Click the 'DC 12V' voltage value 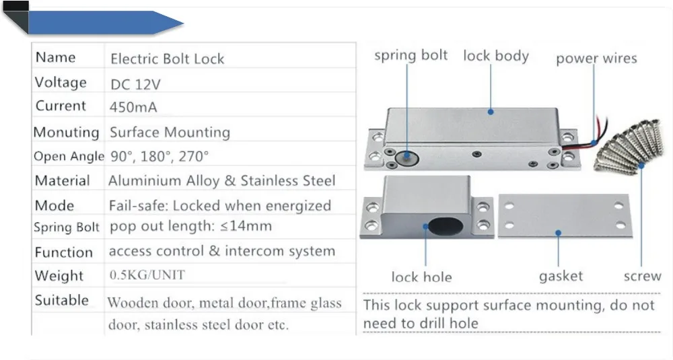pyautogui.click(x=136, y=84)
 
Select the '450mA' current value pyautogui.click(x=133, y=107)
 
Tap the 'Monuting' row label pyautogui.click(x=66, y=132)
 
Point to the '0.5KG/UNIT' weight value pyautogui.click(x=147, y=275)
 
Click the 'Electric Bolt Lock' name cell pyautogui.click(x=168, y=59)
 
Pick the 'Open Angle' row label pyautogui.click(x=69, y=157)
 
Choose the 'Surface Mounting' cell pyautogui.click(x=170, y=132)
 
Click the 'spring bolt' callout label pyautogui.click(x=411, y=55)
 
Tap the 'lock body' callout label pyautogui.click(x=496, y=56)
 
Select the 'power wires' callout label pyautogui.click(x=596, y=59)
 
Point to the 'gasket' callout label pyautogui.click(x=561, y=276)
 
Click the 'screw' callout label pyautogui.click(x=643, y=276)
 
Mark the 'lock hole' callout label pyautogui.click(x=421, y=277)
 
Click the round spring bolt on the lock pyautogui.click(x=406, y=158)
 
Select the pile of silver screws pyautogui.click(x=629, y=147)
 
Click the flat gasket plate pyautogui.click(x=565, y=215)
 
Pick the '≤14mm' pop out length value pyautogui.click(x=246, y=225)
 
